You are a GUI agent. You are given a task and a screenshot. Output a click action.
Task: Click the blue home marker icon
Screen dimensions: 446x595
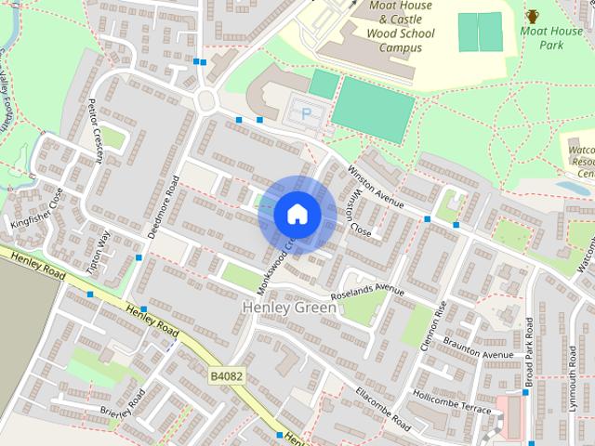(297, 215)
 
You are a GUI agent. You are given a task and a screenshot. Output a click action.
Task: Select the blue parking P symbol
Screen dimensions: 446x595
(307, 112)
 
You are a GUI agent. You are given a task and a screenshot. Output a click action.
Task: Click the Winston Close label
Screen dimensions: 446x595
(357, 215)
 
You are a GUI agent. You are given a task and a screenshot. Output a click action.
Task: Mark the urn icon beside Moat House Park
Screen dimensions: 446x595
(531, 16)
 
